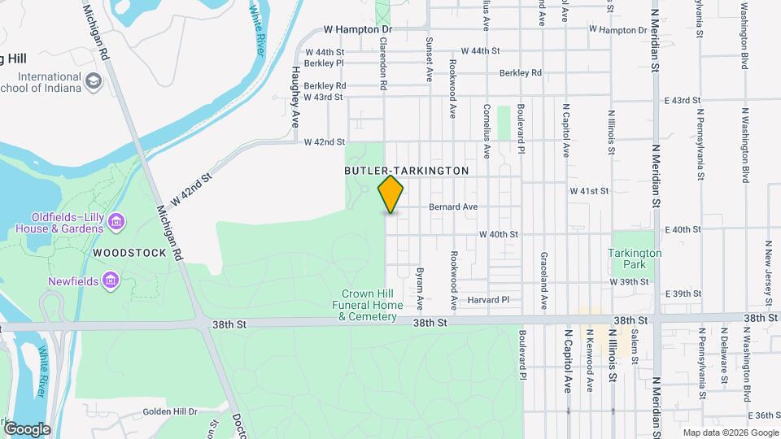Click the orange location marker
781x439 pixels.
pyautogui.click(x=390, y=194)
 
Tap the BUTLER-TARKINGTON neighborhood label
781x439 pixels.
pyautogui.click(x=406, y=172)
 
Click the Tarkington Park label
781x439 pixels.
pyautogui.click(x=635, y=259)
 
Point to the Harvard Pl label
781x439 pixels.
pyautogui.click(x=488, y=300)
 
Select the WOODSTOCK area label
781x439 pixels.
pyautogui.click(x=129, y=253)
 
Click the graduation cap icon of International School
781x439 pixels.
pyautogui.click(x=94, y=81)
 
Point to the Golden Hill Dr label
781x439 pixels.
pyautogui.click(x=170, y=412)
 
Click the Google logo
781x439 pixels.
pyautogui.click(x=27, y=428)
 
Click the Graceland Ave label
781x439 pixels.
pyautogui.click(x=543, y=280)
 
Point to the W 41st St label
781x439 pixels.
pyautogui.click(x=589, y=191)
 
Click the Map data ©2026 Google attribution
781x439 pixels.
pyautogui.click(x=730, y=432)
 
